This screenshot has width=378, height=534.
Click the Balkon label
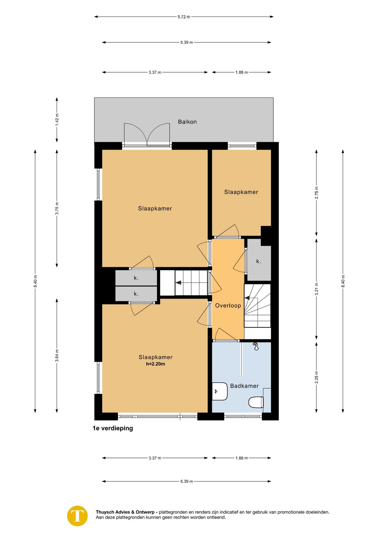pyautogui.click(x=187, y=122)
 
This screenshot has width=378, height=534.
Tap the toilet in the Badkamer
pyautogui.click(x=256, y=402)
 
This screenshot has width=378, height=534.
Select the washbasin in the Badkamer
pyautogui.click(x=220, y=391)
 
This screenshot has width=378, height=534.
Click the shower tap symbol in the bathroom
pyautogui.click(x=256, y=346)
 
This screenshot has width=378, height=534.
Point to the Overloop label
pyautogui.click(x=228, y=305)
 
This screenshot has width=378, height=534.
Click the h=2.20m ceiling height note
pyautogui.click(x=156, y=364)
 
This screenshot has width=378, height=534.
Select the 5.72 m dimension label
pyautogui.click(x=184, y=17)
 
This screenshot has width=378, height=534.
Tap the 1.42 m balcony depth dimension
pyautogui.click(x=57, y=120)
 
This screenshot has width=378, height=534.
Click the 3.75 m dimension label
pyautogui.click(x=57, y=208)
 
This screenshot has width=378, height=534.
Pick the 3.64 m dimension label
pyautogui.click(x=57, y=356)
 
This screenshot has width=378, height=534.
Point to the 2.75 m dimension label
pyautogui.click(x=316, y=193)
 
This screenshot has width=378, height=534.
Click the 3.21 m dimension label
pyautogui.click(x=316, y=289)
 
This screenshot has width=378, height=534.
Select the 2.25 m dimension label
pyautogui.click(x=316, y=377)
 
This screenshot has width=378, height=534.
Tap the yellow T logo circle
pyautogui.click(x=77, y=516)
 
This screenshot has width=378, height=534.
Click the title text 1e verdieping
pyautogui.click(x=113, y=428)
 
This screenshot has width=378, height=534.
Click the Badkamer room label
pyautogui.click(x=244, y=386)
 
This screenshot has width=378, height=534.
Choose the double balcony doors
pyautogui.click(x=147, y=135)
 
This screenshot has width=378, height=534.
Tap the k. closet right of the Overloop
pyautogui.click(x=259, y=260)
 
